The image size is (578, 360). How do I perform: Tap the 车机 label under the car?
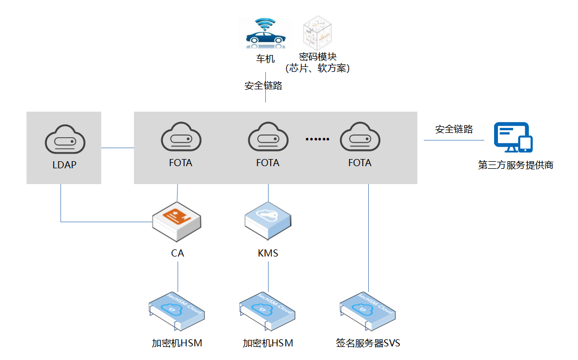[265, 58]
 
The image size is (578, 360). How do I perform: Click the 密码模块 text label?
[318, 57]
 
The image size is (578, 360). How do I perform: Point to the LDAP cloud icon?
[64, 141]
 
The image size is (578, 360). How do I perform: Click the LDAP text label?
[64, 164]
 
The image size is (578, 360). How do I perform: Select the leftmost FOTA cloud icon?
[180, 139]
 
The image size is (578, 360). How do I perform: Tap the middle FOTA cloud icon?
[267, 139]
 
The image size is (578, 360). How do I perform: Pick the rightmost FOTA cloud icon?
[360, 139]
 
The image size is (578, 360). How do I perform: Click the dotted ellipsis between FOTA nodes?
[318, 139]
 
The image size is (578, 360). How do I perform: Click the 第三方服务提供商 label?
[515, 165]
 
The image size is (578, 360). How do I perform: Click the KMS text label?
[268, 253]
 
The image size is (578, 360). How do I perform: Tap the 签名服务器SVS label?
[368, 343]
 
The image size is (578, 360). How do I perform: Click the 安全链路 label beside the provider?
[454, 130]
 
